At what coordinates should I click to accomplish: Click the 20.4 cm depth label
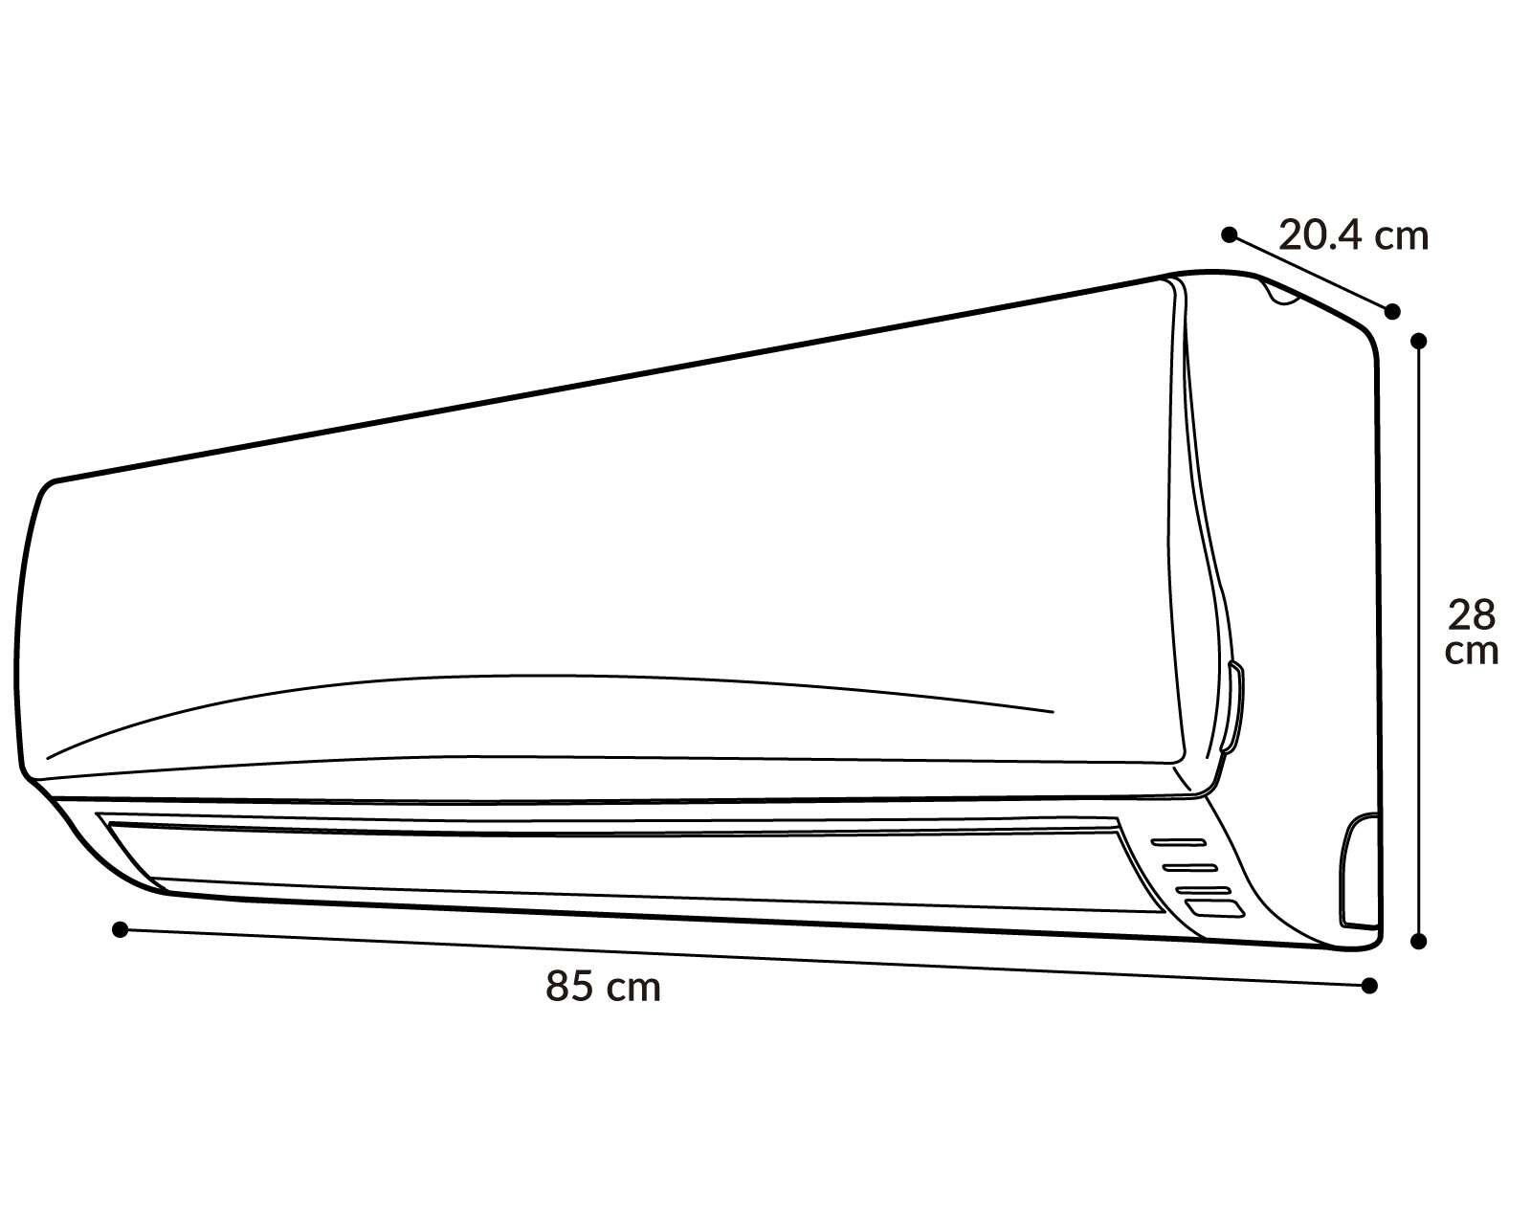click(1353, 236)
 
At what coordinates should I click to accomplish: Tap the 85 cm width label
click(603, 988)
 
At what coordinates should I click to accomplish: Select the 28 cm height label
click(1472, 633)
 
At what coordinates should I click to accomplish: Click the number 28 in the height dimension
click(1472, 615)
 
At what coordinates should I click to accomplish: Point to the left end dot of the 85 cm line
click(121, 929)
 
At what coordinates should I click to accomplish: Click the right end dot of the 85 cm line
click(1369, 986)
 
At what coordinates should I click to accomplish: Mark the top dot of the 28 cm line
click(1419, 341)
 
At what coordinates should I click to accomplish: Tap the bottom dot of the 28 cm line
click(1419, 942)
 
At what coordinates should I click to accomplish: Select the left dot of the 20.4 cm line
click(1230, 234)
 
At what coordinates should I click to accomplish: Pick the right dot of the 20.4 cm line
click(1392, 311)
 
